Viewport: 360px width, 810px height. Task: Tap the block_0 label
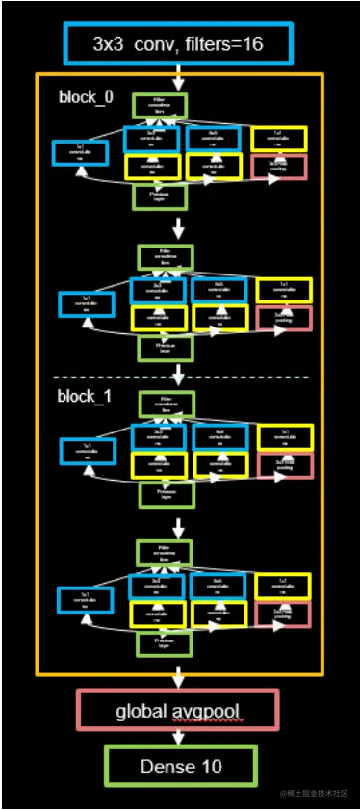pos(85,98)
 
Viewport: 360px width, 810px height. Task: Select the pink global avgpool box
pos(176,712)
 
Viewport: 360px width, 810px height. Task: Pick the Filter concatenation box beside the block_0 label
pos(159,105)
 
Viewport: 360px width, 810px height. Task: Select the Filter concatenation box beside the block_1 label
pos(167,404)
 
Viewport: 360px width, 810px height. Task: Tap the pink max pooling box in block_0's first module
pos(284,165)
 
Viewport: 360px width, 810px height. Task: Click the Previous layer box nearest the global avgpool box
pos(165,643)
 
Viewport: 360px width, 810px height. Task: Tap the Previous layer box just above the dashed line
pos(164,347)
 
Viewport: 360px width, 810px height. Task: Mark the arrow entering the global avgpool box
pos(178,680)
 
